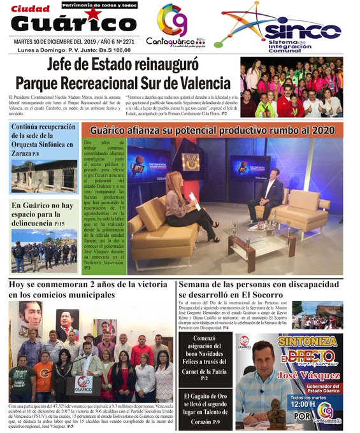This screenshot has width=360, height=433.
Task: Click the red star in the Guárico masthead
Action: click(x=93, y=14)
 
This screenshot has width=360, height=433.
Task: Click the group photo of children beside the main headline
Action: click(x=291, y=87)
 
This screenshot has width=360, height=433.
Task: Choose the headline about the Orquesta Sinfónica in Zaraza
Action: click(x=43, y=139)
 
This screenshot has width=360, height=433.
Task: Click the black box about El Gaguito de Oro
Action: click(x=204, y=404)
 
